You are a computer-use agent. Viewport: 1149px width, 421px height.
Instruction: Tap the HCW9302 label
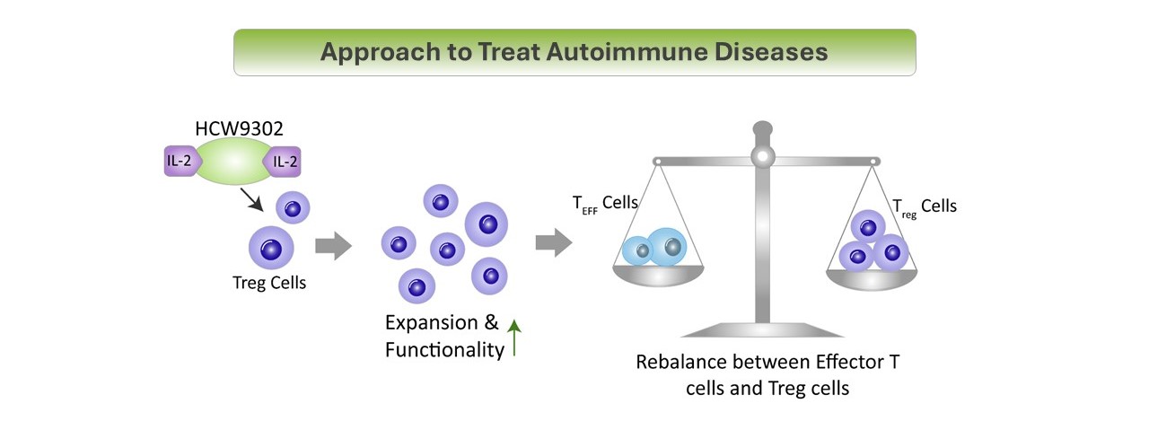coord(239,128)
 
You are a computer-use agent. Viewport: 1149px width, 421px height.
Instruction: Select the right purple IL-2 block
coord(283,162)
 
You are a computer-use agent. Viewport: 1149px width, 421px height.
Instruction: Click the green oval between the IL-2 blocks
coord(234,161)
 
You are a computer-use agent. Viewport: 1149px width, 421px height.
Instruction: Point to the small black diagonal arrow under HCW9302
coord(251,199)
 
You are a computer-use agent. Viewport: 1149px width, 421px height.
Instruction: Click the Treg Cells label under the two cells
coord(269,283)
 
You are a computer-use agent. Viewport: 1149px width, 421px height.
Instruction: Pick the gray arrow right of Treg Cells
coord(333,246)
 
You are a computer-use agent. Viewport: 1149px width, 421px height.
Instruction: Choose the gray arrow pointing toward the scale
coord(554,242)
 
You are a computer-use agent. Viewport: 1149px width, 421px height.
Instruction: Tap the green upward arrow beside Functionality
coord(514,337)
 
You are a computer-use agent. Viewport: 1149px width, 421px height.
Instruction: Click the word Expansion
coord(432,323)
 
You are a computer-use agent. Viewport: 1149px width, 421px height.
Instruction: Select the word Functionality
coord(444,350)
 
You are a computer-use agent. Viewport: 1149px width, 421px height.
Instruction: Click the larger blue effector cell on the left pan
coord(666,247)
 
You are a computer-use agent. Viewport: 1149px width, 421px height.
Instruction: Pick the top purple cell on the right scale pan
coord(868,226)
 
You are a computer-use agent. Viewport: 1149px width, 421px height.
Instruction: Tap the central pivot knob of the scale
coord(763,156)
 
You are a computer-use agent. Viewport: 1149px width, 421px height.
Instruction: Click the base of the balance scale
coord(762,329)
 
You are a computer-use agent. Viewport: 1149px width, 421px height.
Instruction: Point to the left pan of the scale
coord(658,275)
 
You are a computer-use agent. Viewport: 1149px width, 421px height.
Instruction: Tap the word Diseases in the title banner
coord(771,52)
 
